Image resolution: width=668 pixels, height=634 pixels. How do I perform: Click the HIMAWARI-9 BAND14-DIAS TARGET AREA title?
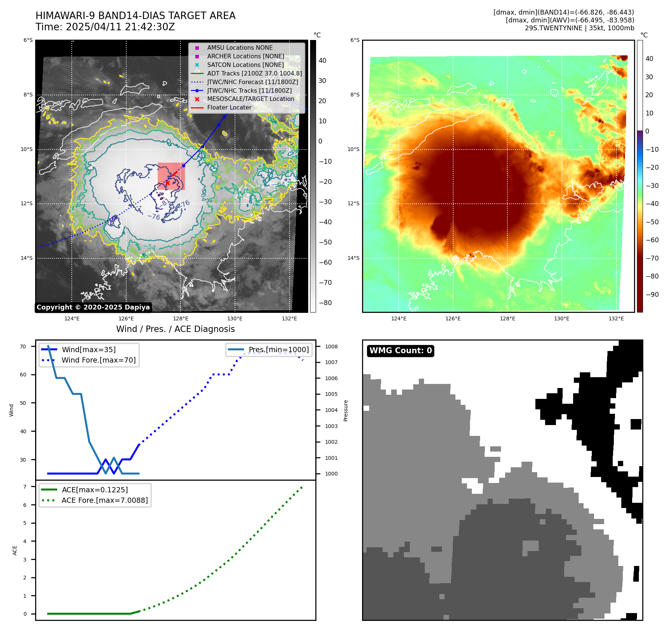[x=135, y=16]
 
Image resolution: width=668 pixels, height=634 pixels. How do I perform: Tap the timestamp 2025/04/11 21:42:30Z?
[x=120, y=27]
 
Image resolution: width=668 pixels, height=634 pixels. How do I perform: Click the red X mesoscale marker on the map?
[x=167, y=183]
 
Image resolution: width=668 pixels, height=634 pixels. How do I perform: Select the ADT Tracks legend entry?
[x=254, y=73]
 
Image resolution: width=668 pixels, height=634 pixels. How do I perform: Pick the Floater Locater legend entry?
[x=229, y=107]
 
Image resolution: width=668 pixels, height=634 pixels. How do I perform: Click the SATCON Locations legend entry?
[x=245, y=65]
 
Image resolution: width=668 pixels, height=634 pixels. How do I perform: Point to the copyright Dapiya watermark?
[x=93, y=307]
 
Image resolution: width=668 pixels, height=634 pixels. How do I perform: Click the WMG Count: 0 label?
[x=401, y=351]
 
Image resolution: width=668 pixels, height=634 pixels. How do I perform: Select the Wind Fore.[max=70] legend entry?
[x=99, y=360]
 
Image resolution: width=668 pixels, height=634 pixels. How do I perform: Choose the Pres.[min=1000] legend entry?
[x=279, y=350]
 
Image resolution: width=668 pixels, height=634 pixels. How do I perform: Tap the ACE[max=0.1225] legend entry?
[x=95, y=490]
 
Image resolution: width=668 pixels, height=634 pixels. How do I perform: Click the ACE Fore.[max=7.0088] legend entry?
[x=105, y=500]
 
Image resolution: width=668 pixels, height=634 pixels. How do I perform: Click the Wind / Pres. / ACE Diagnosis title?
[x=175, y=329]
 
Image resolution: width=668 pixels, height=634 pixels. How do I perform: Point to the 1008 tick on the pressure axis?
[x=331, y=347]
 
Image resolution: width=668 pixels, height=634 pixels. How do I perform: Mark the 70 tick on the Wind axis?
[x=23, y=347]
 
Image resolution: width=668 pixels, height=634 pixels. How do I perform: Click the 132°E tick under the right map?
[x=616, y=318]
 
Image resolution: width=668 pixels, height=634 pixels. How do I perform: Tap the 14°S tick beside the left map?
[x=27, y=258]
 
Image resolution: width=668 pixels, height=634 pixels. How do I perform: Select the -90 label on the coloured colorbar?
[x=652, y=295]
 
